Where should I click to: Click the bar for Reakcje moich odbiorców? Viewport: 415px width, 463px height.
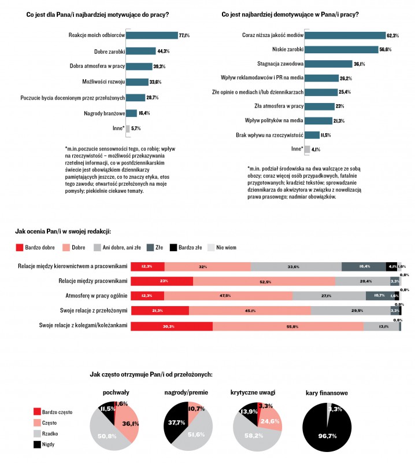coord(151,35)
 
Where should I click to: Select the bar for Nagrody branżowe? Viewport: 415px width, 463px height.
coord(131,113)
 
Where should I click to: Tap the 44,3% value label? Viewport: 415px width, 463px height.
coord(163,51)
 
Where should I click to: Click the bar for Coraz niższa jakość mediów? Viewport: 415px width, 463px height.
coord(344,35)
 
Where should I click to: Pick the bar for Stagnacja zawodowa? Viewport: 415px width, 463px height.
coord(328,64)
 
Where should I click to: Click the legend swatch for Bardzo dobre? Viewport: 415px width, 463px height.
coord(19,247)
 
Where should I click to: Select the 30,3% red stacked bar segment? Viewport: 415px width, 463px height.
coord(172,326)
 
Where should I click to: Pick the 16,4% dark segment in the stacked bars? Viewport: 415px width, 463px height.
coord(364,266)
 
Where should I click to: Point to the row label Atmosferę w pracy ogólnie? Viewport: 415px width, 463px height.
coord(92,296)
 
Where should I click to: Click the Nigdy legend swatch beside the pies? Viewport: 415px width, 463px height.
coord(38,444)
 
